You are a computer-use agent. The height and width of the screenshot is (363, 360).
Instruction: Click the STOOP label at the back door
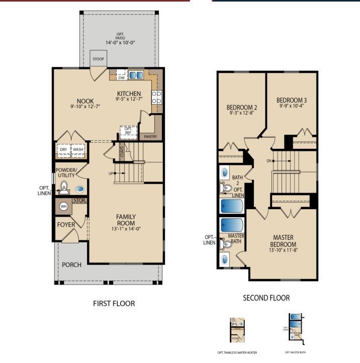[x=99, y=59]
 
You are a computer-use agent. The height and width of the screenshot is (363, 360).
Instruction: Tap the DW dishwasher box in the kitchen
[x=121, y=77]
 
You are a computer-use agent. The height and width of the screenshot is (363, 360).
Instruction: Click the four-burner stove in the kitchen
[x=157, y=96]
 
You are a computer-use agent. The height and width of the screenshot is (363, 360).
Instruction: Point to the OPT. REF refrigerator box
[x=128, y=131]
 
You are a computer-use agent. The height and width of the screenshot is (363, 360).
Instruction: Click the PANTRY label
[x=150, y=136]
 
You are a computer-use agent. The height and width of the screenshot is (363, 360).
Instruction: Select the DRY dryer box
[x=63, y=149]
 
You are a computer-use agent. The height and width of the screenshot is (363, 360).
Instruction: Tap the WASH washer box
[x=78, y=149]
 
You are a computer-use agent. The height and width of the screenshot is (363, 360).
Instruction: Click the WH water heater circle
[x=63, y=206]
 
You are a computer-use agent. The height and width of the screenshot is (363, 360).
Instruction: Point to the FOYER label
[x=66, y=225]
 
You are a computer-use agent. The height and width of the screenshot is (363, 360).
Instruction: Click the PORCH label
[x=71, y=264]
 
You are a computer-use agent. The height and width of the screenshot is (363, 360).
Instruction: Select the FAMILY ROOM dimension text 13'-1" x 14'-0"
[x=127, y=229]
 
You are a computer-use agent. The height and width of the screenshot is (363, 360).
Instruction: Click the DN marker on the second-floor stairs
[x=270, y=161]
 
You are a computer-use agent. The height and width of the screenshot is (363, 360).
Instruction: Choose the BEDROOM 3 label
[x=292, y=100]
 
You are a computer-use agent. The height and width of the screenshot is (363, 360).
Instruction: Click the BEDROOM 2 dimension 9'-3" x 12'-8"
[x=241, y=113]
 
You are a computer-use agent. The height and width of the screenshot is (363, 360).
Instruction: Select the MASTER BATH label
[x=236, y=238]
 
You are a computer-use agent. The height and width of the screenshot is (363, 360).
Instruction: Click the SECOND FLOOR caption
[x=266, y=298]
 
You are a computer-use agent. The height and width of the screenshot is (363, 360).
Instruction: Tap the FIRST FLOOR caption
[x=114, y=304]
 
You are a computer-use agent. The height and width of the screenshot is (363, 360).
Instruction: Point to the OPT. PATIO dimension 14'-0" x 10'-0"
[x=120, y=43]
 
